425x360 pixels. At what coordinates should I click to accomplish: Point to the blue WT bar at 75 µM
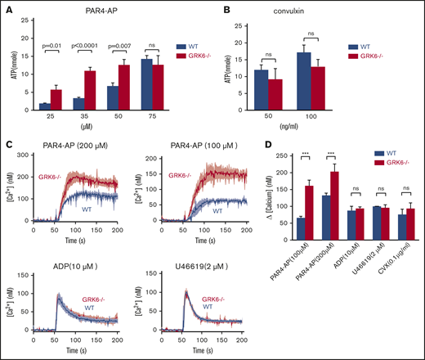(124, 86)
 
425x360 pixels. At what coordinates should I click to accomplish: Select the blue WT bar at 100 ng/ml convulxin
(304, 83)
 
